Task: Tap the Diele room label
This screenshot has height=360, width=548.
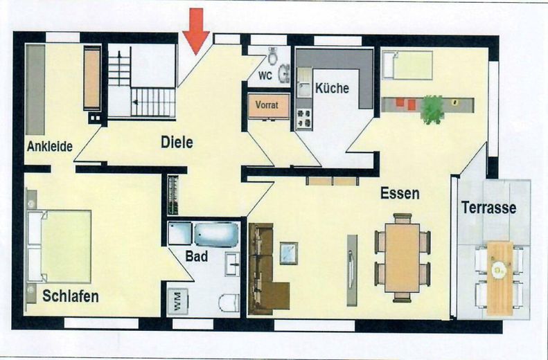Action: pyautogui.click(x=177, y=143)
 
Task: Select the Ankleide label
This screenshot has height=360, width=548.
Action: pyautogui.click(x=50, y=146)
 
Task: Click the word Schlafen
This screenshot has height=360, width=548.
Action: pyautogui.click(x=70, y=297)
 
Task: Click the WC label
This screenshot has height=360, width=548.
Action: pyautogui.click(x=265, y=74)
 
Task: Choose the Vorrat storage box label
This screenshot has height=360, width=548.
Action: pyautogui.click(x=266, y=106)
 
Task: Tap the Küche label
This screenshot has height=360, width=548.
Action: pyautogui.click(x=332, y=89)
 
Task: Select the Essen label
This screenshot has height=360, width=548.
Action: pyautogui.click(x=400, y=194)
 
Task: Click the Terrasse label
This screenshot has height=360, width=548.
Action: pyautogui.click(x=489, y=207)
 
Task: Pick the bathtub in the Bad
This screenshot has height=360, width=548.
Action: pyautogui.click(x=215, y=234)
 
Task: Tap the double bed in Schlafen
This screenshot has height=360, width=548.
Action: pyautogui.click(x=60, y=246)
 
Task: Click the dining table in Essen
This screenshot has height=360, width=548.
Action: pyautogui.click(x=402, y=257)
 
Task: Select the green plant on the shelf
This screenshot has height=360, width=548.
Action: pyautogui.click(x=432, y=108)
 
